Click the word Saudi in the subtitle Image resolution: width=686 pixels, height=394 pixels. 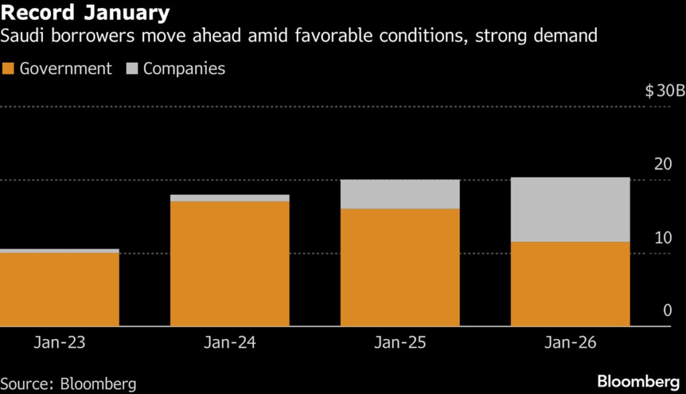pos(22,36)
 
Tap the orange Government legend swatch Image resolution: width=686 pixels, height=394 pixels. pos(8,68)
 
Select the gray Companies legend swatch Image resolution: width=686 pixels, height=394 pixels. pos(131,68)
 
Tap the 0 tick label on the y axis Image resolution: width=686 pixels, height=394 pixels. pos(667,310)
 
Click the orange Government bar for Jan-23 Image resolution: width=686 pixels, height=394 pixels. pos(60,289)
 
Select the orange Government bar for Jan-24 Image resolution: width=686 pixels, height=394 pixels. pos(230,264)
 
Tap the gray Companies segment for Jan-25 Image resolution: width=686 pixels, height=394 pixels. pos(400,194)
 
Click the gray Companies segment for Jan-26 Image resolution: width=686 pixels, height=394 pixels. pos(570,209)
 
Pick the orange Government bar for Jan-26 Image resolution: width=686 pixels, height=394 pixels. pos(570,284)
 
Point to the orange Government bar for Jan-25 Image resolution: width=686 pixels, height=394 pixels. pos(400,267)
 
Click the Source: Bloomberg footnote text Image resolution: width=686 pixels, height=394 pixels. pos(68,384)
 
